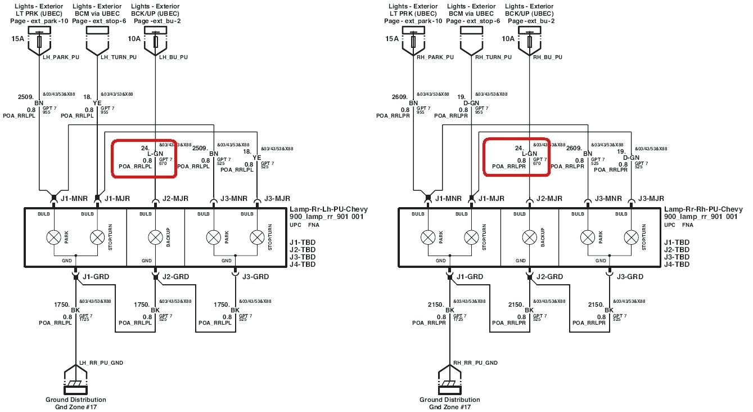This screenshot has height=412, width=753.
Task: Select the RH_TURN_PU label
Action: click(494, 57)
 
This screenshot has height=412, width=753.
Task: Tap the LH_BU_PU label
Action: click(173, 57)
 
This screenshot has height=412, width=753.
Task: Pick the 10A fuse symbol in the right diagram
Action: click(530, 42)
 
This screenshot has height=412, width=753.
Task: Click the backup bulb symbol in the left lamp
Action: click(155, 238)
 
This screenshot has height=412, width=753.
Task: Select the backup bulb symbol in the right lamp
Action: click(529, 238)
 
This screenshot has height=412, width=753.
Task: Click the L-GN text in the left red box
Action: click(155, 153)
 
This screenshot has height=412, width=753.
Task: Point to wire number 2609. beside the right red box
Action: click(574, 148)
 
